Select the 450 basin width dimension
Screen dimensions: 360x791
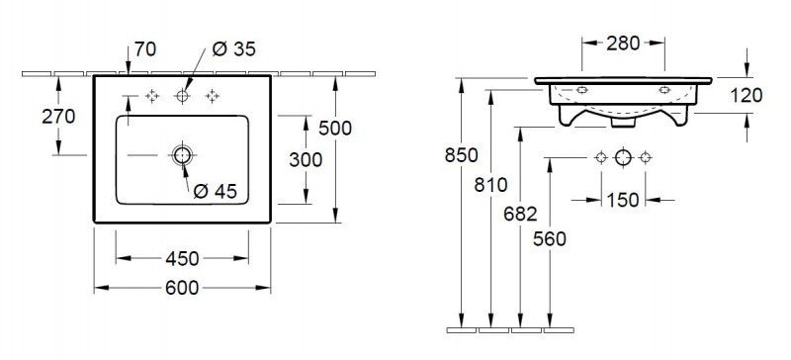[x=181, y=258]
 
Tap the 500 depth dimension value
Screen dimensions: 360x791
[x=335, y=129]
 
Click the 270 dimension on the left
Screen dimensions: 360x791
[x=30, y=116]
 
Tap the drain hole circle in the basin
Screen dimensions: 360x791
[x=182, y=154]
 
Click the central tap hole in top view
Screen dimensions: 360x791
[x=182, y=96]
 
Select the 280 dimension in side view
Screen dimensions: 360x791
[x=623, y=43]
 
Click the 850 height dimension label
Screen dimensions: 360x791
[x=461, y=155]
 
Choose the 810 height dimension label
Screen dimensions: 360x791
[x=492, y=184]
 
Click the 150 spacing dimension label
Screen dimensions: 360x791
[x=622, y=201]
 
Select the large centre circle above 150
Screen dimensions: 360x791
[x=623, y=157]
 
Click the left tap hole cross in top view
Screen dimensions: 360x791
[x=152, y=96]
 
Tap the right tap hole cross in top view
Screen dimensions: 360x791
[x=211, y=96]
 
